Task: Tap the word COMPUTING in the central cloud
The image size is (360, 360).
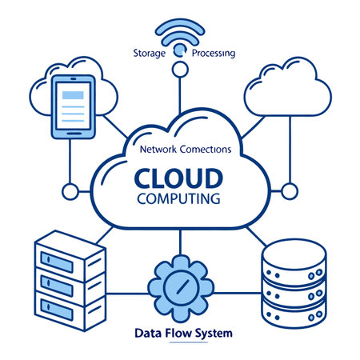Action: [179, 197]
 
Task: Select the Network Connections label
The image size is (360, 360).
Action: [185, 149]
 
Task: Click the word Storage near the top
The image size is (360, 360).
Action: [150, 54]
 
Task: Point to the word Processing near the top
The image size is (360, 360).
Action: [214, 54]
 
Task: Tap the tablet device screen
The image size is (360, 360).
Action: [73, 105]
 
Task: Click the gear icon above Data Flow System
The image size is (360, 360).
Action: [180, 283]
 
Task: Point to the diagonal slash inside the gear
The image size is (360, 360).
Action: [180, 283]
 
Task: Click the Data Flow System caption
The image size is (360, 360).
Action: [180, 331]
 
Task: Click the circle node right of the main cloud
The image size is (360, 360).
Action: [290, 191]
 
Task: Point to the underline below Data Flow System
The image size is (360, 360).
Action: [180, 342]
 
